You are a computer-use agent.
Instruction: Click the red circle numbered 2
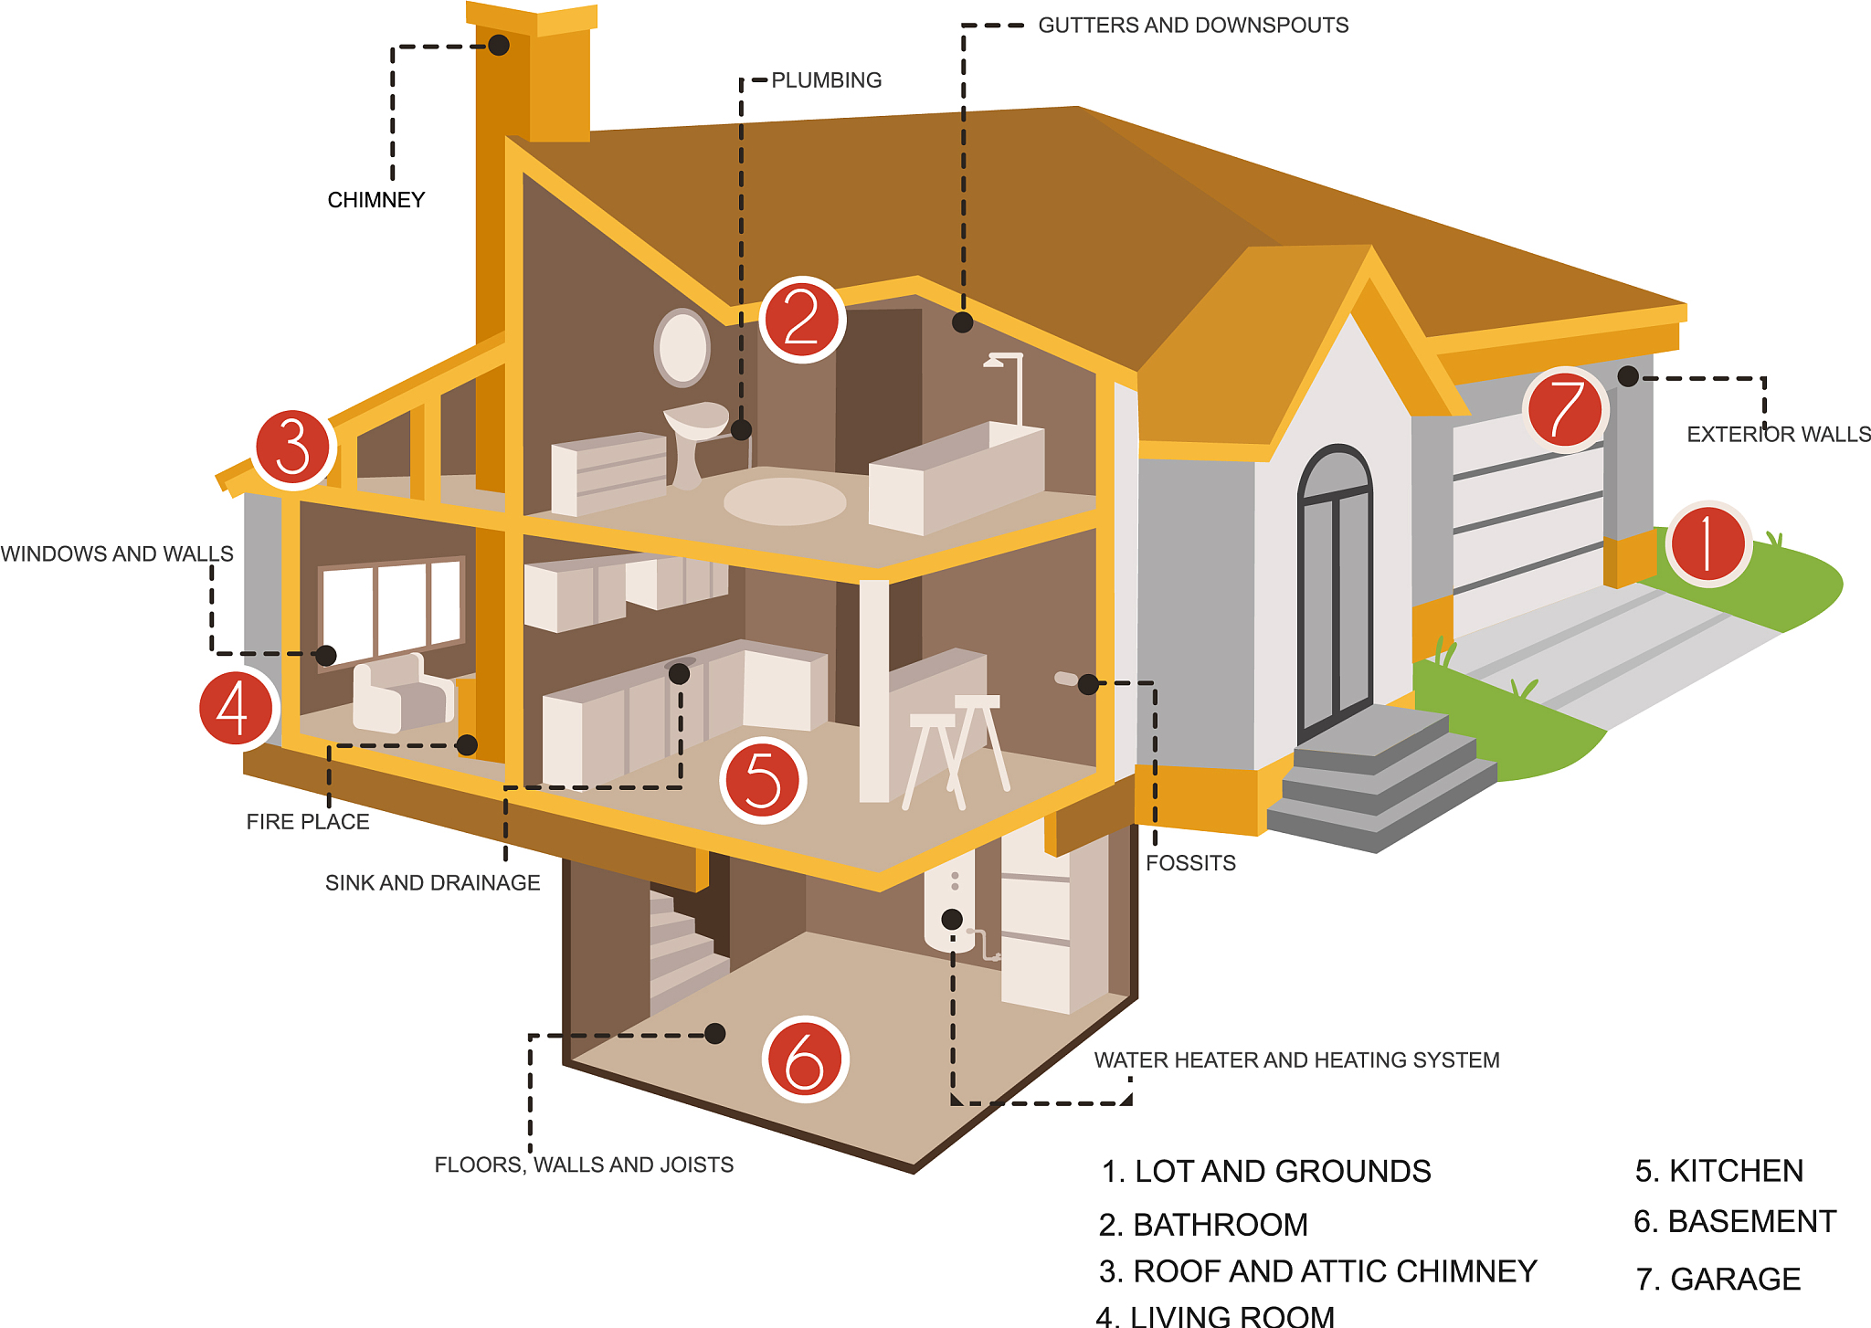[802, 320]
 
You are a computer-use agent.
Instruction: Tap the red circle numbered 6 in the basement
[806, 1059]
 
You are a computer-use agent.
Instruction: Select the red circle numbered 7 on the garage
[1565, 410]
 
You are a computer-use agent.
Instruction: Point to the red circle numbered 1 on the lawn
[1708, 543]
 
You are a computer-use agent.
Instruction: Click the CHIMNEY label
[376, 200]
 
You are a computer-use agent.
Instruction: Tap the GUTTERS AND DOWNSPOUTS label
[1193, 26]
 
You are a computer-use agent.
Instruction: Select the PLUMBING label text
[827, 80]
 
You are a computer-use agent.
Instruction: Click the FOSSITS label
[1190, 863]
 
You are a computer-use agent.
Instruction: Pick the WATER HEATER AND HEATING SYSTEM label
[1297, 1060]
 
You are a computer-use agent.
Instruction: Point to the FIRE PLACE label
[308, 822]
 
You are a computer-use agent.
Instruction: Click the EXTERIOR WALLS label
[1779, 435]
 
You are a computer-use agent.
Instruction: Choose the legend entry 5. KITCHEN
[1719, 1171]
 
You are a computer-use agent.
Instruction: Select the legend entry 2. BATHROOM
[1203, 1225]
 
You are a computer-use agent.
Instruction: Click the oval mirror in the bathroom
[682, 347]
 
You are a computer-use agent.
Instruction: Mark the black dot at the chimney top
[499, 45]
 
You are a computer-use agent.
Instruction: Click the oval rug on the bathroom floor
[785, 501]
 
